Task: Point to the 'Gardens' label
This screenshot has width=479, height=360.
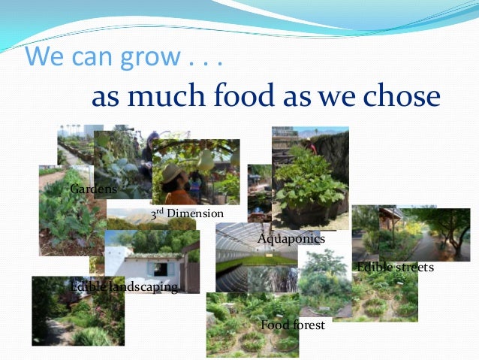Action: pyautogui.click(x=92, y=188)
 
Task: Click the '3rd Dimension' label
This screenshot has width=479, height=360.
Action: pyautogui.click(x=187, y=214)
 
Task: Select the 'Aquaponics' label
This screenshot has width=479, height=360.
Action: pyautogui.click(x=291, y=239)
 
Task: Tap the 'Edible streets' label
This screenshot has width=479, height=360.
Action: pyautogui.click(x=395, y=268)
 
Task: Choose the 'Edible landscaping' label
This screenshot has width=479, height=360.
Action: pyautogui.click(x=124, y=287)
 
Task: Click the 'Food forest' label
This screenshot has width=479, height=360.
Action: pyautogui.click(x=292, y=325)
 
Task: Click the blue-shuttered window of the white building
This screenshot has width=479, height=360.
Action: pyautogui.click(x=160, y=268)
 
